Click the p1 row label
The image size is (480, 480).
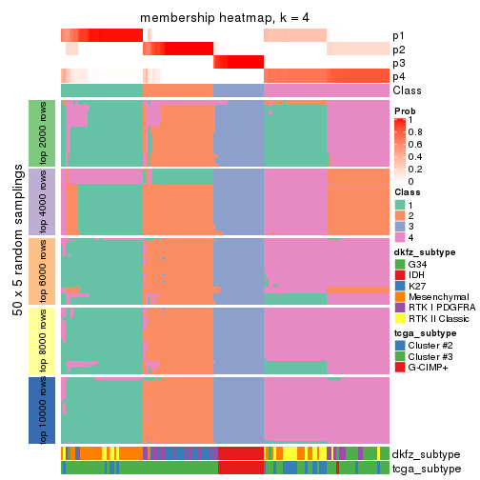click(399, 36)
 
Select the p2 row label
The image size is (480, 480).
click(399, 50)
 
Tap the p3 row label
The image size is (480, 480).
click(399, 63)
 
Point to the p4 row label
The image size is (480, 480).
click(399, 76)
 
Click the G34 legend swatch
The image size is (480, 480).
click(400, 263)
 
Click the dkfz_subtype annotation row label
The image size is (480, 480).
click(425, 454)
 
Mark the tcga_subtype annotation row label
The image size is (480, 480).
click(425, 468)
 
